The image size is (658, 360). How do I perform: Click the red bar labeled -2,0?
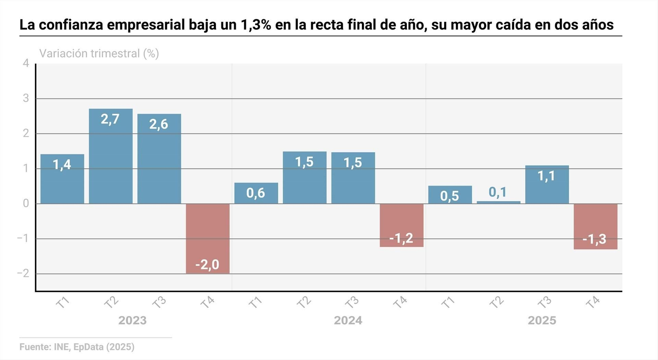click(208, 239)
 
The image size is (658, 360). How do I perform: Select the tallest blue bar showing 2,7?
click(111, 156)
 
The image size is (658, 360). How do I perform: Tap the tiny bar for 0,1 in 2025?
click(498, 202)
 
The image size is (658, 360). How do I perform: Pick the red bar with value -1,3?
click(595, 226)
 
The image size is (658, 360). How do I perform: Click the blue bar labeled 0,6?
click(256, 193)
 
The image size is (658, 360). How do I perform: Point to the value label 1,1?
click(547, 176)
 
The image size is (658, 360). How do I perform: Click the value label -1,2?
click(401, 238)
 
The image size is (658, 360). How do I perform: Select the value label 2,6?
click(159, 124)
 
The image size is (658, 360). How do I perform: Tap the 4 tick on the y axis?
click(26, 63)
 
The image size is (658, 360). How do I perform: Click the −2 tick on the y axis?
click(23, 274)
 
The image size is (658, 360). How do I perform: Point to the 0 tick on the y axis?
click(26, 204)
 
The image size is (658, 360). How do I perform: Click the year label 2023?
click(132, 321)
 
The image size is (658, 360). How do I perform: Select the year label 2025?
click(542, 321)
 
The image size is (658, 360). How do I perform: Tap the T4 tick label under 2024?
click(400, 303)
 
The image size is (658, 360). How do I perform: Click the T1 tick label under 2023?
click(63, 303)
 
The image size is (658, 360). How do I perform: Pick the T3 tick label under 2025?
click(545, 303)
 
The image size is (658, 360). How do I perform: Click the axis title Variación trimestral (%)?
click(99, 54)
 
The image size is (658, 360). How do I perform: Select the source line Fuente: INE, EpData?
click(77, 347)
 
